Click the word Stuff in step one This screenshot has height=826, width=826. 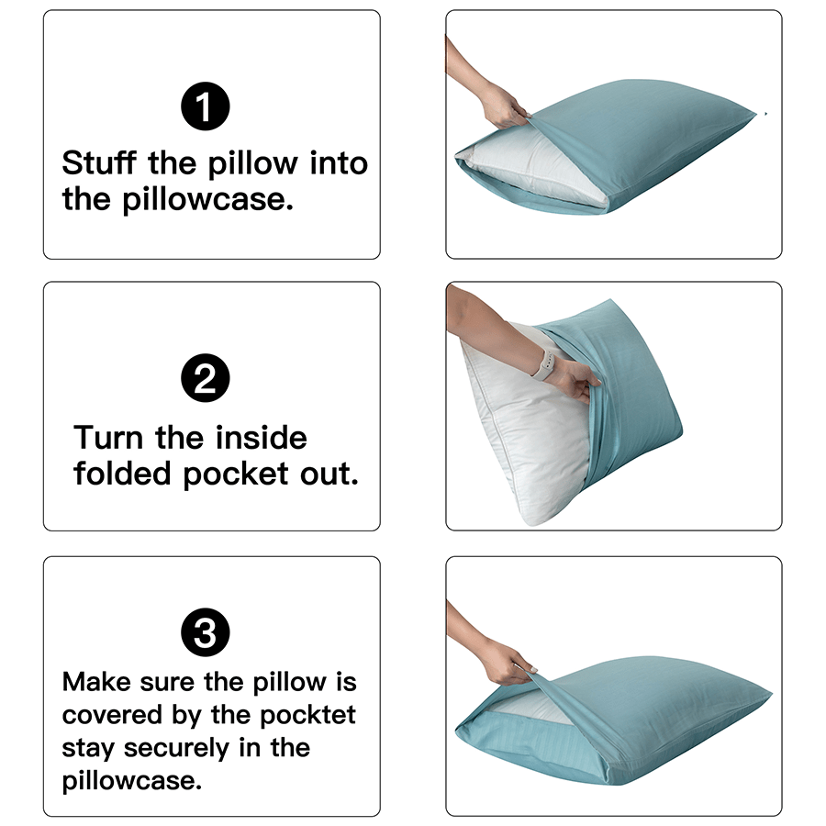tap(99, 164)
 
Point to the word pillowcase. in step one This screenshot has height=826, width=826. tap(207, 200)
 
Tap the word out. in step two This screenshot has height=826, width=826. tap(328, 474)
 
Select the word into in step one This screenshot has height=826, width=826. tap(338, 164)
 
